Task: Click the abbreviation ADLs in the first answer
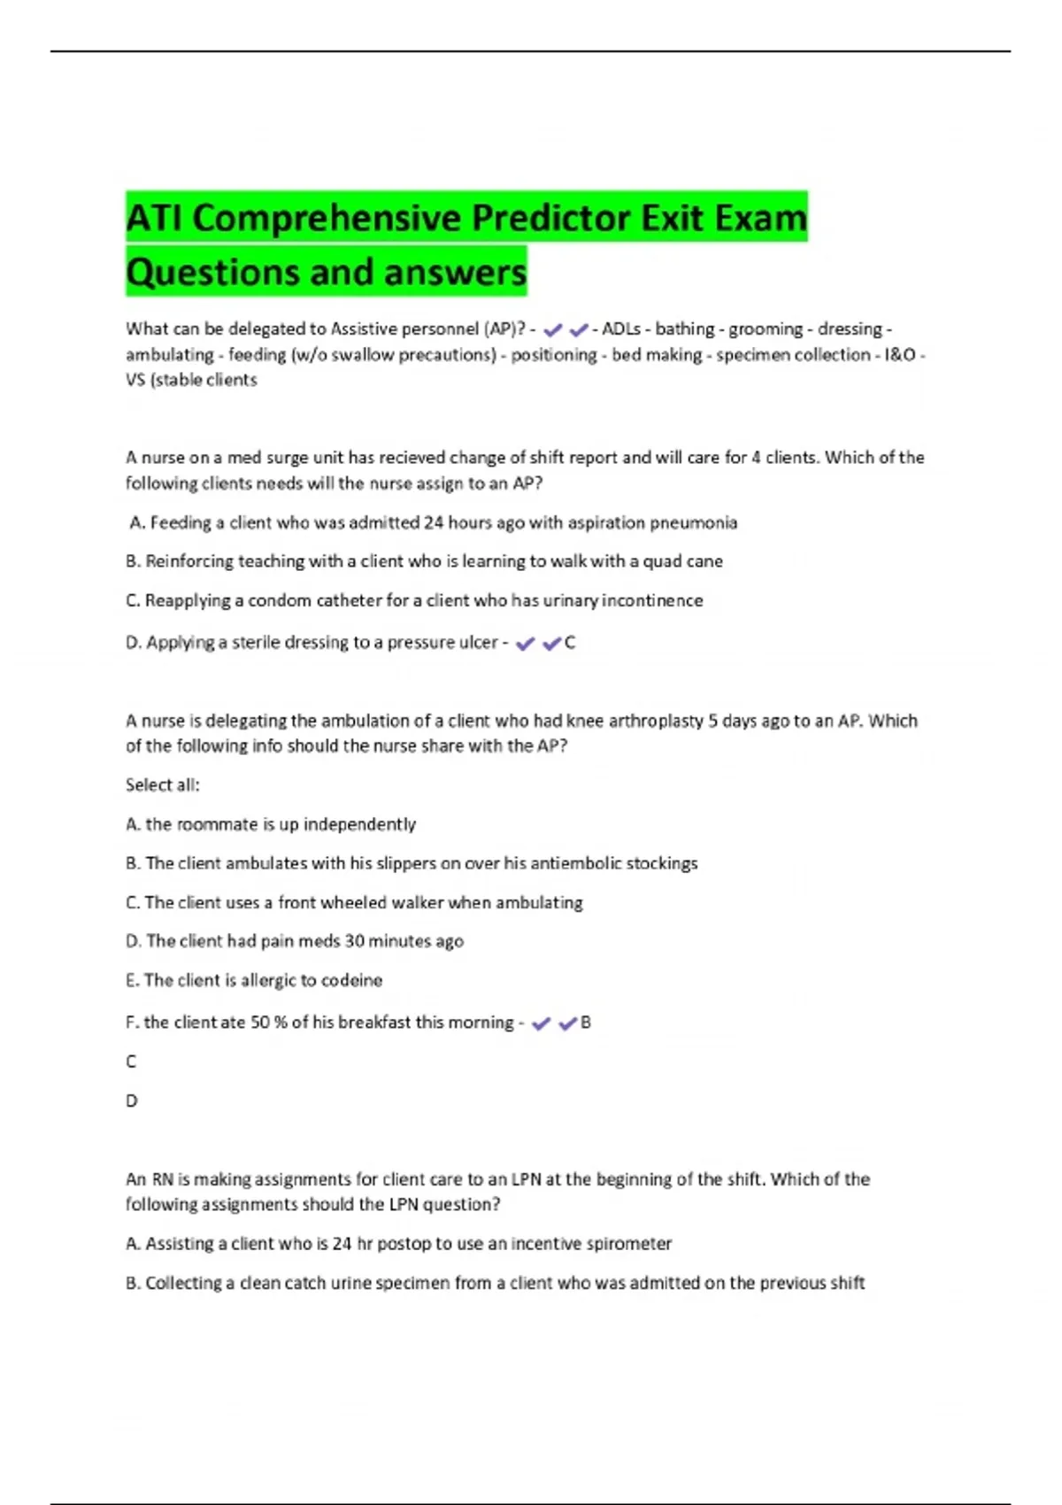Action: click(621, 329)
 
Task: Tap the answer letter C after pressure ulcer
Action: click(570, 644)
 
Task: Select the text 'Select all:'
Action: click(163, 785)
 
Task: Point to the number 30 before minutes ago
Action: click(354, 941)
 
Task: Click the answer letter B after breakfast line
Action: click(586, 1023)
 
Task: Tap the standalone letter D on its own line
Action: click(132, 1101)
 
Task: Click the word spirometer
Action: click(631, 1244)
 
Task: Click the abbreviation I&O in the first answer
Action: click(899, 355)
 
